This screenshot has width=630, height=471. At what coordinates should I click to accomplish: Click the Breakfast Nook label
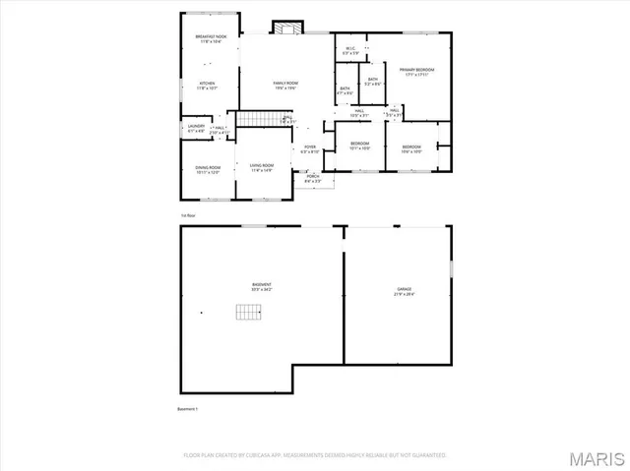point(208,39)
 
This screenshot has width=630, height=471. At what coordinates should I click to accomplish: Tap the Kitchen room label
point(208,86)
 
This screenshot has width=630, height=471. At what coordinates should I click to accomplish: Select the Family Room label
point(286,86)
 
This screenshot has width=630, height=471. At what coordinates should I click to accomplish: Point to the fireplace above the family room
point(285,28)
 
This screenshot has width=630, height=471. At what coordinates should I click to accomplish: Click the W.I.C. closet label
point(349,50)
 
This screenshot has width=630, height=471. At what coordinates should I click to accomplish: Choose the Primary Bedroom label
point(418,72)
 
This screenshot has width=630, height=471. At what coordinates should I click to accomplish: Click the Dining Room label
point(208,171)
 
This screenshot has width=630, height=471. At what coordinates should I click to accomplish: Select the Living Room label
point(261,166)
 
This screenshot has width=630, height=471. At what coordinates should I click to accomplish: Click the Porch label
point(312,178)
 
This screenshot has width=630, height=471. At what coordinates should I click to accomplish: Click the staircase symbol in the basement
point(249,313)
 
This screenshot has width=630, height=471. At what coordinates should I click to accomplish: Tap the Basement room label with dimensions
point(261,288)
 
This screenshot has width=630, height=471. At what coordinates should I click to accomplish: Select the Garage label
point(405,291)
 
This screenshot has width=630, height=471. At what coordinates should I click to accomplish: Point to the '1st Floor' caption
point(187,213)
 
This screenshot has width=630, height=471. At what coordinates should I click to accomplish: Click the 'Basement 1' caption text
point(188,408)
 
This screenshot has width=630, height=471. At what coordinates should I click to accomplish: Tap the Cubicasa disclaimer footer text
point(315,455)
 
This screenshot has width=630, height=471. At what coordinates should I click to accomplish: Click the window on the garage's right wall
point(452,266)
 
